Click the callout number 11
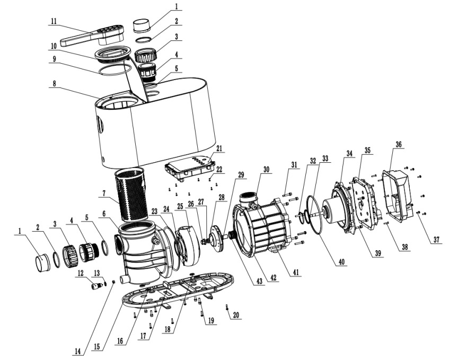(x=54, y=21)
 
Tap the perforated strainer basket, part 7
(x=131, y=195)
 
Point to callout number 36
(x=399, y=144)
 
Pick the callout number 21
(x=219, y=148)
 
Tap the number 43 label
(x=259, y=281)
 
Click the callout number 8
(x=54, y=83)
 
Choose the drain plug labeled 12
(x=97, y=285)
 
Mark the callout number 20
(x=236, y=315)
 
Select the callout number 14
(x=77, y=351)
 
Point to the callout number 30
(x=266, y=169)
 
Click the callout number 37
(x=436, y=239)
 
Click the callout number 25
(x=180, y=206)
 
